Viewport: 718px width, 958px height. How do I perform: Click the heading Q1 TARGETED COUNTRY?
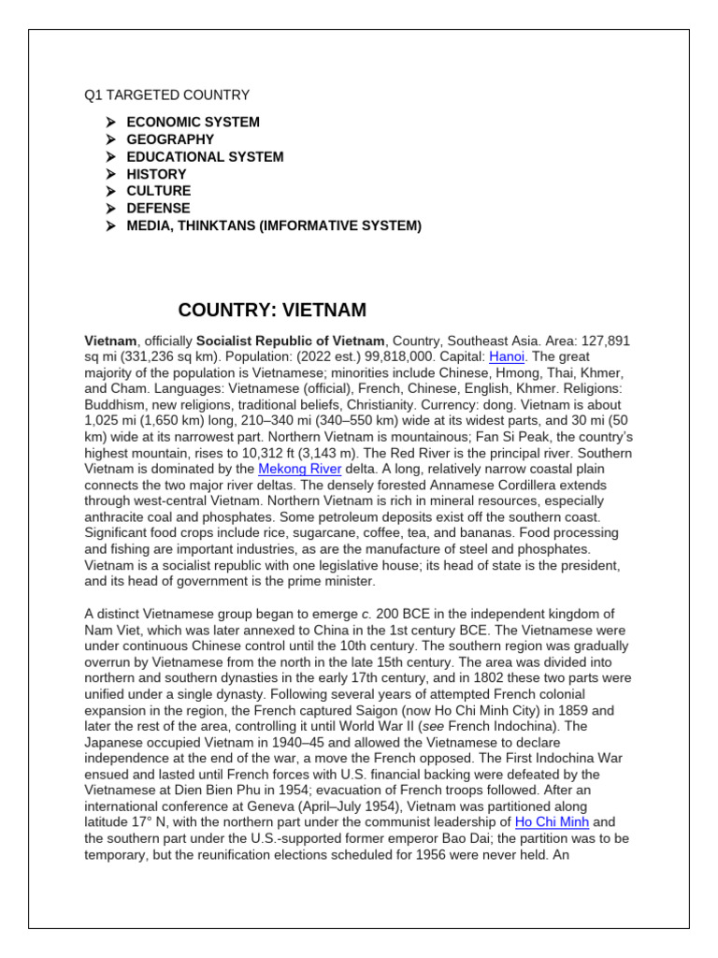coord(167,94)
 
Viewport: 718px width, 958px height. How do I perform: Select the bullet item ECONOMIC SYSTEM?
coord(193,122)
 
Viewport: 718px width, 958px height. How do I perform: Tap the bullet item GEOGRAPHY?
coord(170,139)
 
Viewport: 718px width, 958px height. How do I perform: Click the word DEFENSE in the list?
coord(158,208)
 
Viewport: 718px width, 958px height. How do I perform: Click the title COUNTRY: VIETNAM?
coord(272,310)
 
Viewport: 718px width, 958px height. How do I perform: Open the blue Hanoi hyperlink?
coord(507,356)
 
